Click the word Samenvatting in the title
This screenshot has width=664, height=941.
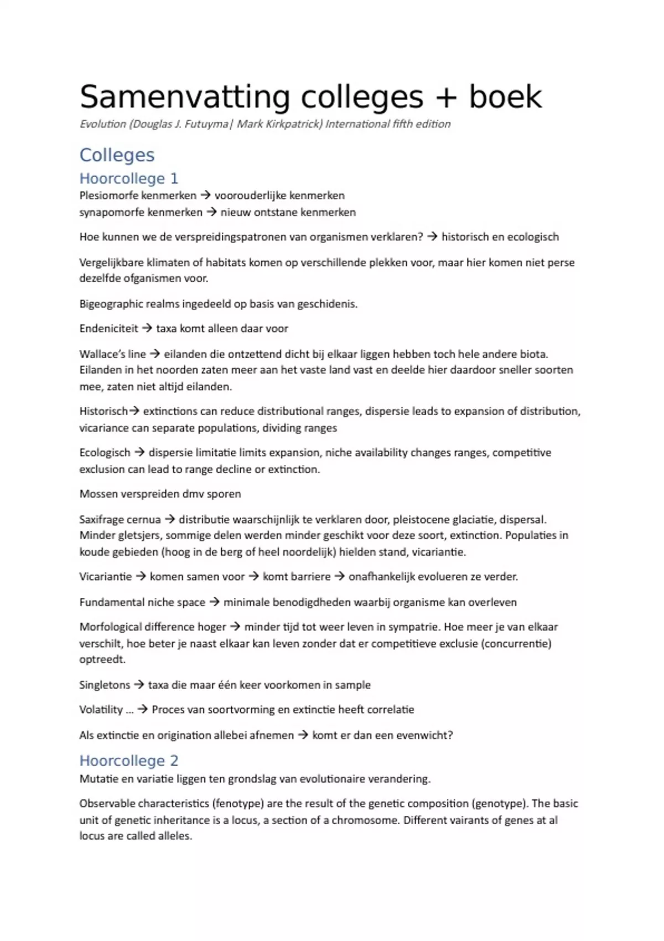tap(185, 97)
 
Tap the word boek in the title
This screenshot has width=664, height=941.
tap(505, 97)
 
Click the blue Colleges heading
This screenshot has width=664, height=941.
tap(117, 155)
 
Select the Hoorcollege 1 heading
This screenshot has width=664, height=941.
tap(128, 178)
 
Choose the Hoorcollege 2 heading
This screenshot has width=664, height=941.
tap(128, 761)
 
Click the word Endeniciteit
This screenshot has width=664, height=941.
tap(108, 328)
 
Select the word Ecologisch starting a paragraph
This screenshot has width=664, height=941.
tap(105, 452)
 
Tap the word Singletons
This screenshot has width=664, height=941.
tap(105, 685)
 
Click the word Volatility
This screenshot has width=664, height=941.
tap(101, 710)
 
